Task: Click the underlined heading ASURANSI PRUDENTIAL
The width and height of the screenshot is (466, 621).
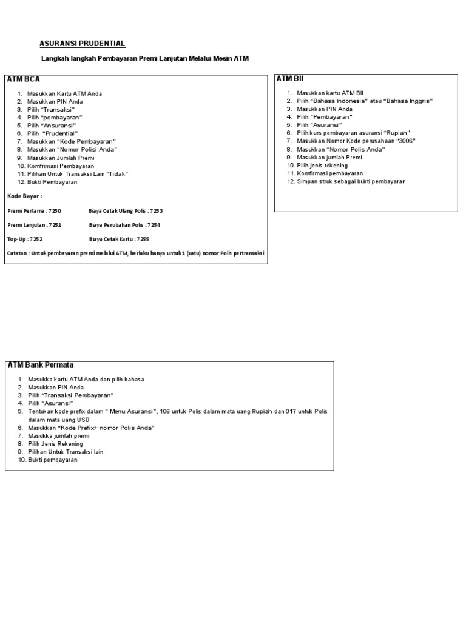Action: (83, 44)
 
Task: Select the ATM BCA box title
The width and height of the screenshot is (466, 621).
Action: (24, 79)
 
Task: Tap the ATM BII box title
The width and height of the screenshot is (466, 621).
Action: (290, 79)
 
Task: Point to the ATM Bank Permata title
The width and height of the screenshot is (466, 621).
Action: (41, 365)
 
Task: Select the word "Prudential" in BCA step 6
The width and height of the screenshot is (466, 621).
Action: (61, 133)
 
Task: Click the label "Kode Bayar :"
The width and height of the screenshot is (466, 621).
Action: (24, 196)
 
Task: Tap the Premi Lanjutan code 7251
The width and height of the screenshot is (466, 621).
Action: (56, 225)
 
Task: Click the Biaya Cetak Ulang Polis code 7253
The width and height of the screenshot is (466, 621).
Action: (156, 211)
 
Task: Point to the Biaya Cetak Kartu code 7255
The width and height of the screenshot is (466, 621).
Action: (143, 239)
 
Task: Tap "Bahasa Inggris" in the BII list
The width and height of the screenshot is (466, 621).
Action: (408, 101)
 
